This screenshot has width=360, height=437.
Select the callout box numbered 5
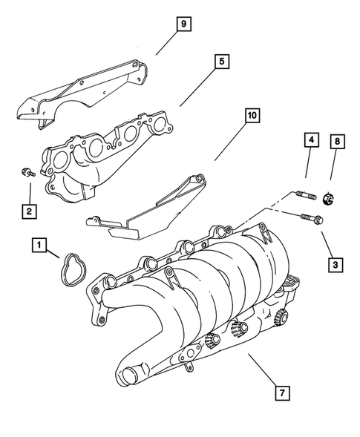point(220,62)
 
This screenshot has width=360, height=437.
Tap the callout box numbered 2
point(28,211)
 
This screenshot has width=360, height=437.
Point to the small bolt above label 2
point(27,173)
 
